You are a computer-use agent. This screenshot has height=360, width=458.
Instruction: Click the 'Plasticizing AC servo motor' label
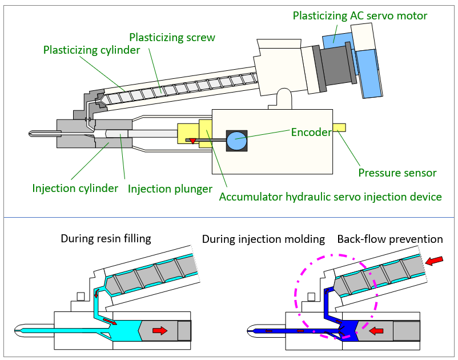click(360, 16)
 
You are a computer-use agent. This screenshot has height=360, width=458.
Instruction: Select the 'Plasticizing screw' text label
click(172, 38)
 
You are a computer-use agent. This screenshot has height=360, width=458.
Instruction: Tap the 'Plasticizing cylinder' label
click(92, 50)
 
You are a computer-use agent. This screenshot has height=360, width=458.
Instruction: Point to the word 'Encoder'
click(311, 133)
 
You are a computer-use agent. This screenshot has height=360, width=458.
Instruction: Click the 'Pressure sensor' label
click(397, 173)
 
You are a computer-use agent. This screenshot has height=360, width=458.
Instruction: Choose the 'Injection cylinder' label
click(75, 189)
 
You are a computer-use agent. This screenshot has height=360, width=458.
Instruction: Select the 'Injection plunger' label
click(170, 189)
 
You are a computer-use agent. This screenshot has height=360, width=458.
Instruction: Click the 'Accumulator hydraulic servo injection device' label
click(330, 197)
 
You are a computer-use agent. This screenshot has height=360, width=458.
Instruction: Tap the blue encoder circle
click(236, 141)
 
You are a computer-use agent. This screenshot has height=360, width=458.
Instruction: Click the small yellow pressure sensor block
click(339, 127)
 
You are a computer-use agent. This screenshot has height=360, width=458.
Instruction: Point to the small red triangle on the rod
click(193, 141)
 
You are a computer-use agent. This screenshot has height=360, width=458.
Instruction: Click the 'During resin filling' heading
click(106, 239)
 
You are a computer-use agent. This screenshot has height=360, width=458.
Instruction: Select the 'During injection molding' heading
click(263, 239)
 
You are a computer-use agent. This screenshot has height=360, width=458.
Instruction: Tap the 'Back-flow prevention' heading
click(390, 239)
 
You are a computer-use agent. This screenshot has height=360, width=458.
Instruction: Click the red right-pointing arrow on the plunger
click(160, 330)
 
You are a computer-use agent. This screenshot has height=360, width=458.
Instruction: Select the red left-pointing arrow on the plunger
click(376, 331)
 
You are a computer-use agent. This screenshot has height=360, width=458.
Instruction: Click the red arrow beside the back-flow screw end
click(435, 261)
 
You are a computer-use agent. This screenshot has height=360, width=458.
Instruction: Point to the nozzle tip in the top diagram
click(30, 134)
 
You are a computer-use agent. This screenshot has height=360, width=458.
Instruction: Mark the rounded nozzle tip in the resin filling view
click(17, 330)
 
